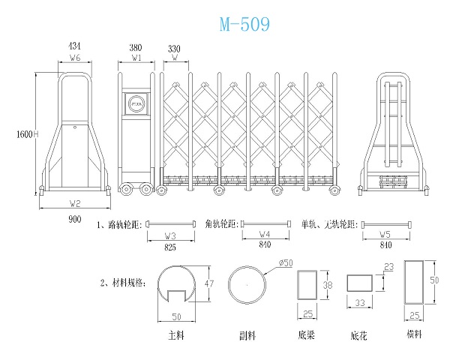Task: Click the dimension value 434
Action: [x=74, y=46]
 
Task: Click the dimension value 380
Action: [x=136, y=46]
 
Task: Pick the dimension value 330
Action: [x=175, y=46]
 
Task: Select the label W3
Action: [x=170, y=235]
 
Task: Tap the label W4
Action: [x=265, y=235]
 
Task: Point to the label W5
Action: [x=385, y=235]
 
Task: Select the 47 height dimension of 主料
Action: [x=210, y=283]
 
